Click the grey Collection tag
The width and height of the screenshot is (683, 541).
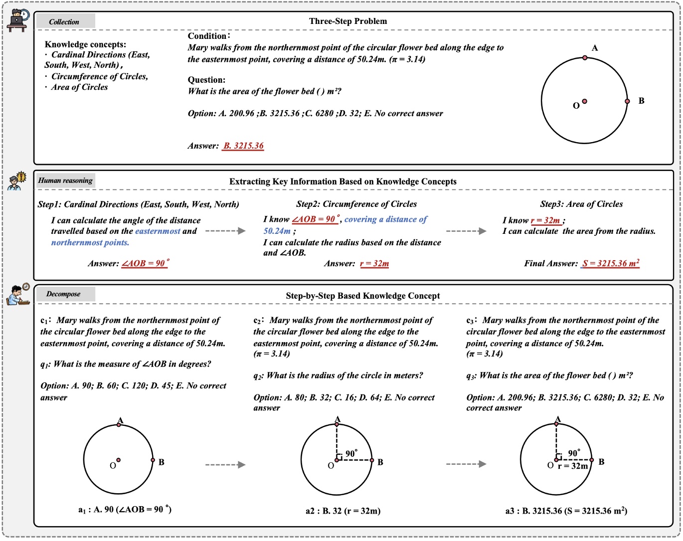pyautogui.click(x=64, y=21)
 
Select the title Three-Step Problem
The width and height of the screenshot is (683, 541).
pyautogui.click(x=347, y=21)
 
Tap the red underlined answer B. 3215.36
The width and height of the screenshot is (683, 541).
pyautogui.click(x=243, y=146)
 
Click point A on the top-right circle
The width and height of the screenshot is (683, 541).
pyautogui.click(x=585, y=58)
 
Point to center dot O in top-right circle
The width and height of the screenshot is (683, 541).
pyautogui.click(x=584, y=101)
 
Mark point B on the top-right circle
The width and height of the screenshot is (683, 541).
pyautogui.click(x=627, y=101)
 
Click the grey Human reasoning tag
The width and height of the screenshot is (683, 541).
pyautogui.click(x=65, y=180)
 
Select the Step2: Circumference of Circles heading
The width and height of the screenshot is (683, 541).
pyautogui.click(x=356, y=204)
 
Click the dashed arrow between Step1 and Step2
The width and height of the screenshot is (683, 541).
pyautogui.click(x=225, y=231)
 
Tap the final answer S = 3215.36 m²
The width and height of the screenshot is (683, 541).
pyautogui.click(x=610, y=263)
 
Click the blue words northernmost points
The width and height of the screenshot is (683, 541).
pyautogui.click(x=90, y=242)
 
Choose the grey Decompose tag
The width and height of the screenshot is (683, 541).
pyautogui.click(x=64, y=294)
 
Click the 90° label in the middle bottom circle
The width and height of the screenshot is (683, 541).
pyautogui.click(x=351, y=453)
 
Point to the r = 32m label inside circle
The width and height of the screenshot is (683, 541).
pyautogui.click(x=572, y=466)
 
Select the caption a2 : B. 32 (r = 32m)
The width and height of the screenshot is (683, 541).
pyautogui.click(x=343, y=511)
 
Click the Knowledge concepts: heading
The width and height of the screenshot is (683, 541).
pyautogui.click(x=85, y=44)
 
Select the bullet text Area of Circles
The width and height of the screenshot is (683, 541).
pyautogui.click(x=79, y=87)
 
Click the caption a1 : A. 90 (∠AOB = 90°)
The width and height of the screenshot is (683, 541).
pyautogui.click(x=125, y=509)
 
